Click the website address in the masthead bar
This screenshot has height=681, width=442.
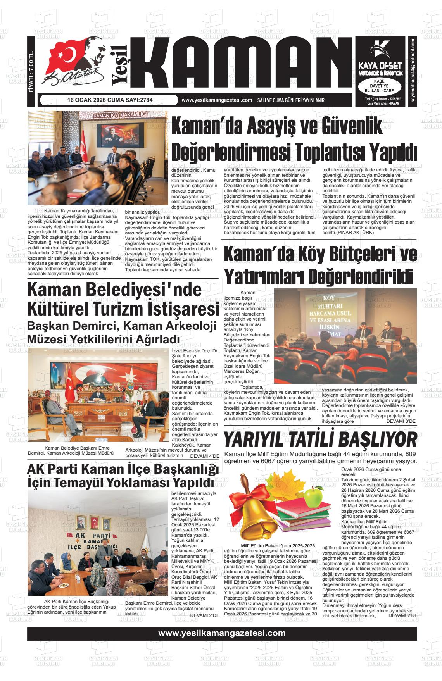coord(217,100)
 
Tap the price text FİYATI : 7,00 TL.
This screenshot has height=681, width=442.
coord(32,72)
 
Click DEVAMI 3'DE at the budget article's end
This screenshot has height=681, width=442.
coord(401,421)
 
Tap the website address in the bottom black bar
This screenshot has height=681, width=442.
coord(222,633)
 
